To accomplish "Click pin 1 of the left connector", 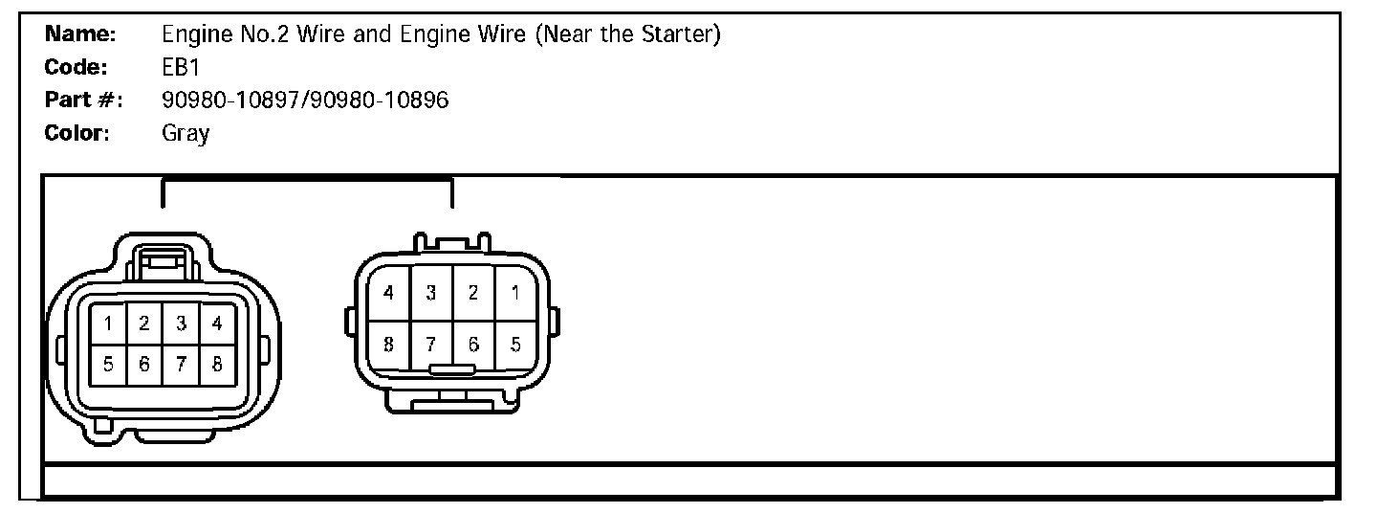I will coord(108,324).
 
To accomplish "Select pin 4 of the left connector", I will coord(217,324).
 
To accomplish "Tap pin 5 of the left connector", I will coord(108,364).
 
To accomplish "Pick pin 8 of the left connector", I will coord(217,364).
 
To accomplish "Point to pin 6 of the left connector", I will coord(144,364).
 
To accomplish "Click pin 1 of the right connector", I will coord(515,293).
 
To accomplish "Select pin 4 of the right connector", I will coord(388,293).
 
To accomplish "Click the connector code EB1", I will coord(180,68).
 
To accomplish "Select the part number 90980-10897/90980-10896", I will coord(305,100).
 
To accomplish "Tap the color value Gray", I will coord(186,133).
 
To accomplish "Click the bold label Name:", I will coord(81,35).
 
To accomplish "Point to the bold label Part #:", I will coord(84,100).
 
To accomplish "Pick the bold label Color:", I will coord(78,133).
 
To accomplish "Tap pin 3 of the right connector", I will coord(431,293).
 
